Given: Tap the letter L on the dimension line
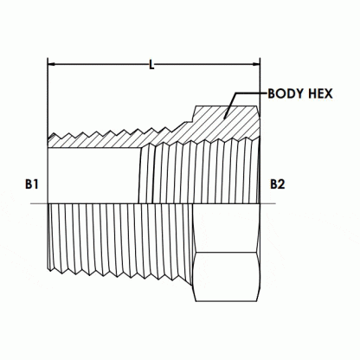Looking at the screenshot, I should [152, 64].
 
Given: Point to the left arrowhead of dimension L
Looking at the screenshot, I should [52, 64].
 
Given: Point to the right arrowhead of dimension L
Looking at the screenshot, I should [255, 64].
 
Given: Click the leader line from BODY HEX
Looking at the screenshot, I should [247, 95].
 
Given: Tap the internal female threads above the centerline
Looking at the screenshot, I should [199, 173].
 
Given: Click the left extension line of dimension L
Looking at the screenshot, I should [47, 95].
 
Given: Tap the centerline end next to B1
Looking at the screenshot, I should [33, 203].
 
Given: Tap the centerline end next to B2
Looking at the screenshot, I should [274, 203].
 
